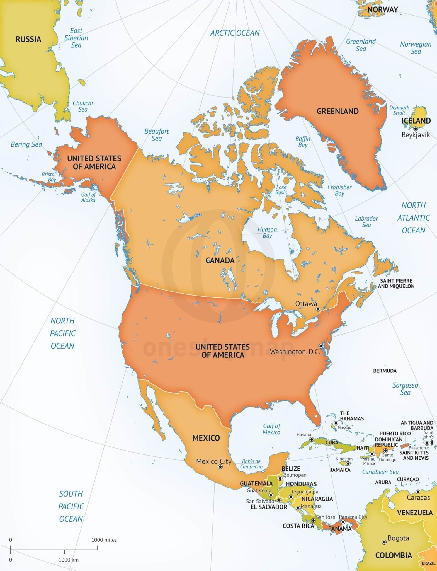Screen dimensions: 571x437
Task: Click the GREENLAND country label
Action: [337, 111]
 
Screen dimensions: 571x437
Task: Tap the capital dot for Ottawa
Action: [317, 309]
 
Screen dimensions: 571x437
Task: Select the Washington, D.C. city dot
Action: [321, 346]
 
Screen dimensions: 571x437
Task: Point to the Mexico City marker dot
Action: [221, 466]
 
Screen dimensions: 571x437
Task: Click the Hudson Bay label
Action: [267, 233]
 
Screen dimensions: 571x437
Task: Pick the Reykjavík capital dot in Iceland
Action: [416, 129]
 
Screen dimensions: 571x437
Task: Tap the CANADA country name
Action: [220, 261]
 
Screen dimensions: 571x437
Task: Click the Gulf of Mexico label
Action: [271, 429]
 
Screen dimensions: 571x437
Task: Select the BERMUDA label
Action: [385, 371]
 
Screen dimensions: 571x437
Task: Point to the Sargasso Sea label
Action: [405, 389]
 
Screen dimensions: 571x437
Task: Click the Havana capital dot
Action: [312, 439]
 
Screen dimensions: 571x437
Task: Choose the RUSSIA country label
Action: [28, 39]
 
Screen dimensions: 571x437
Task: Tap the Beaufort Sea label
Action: [157, 135]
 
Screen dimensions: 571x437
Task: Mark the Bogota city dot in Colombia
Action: [384, 542]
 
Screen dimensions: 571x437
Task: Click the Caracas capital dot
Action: [418, 492]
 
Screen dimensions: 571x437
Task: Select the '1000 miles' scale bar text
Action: [104, 540]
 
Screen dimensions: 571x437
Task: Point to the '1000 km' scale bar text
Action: [68, 560]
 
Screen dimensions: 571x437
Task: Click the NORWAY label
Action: [382, 10]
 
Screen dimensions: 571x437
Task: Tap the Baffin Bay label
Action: [303, 142]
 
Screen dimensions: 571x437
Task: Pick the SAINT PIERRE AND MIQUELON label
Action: [396, 283]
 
